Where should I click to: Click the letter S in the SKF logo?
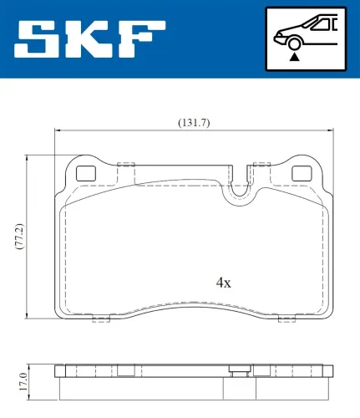pos(38,38)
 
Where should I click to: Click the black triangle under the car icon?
pos(294,58)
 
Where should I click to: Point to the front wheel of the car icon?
pos(294,44)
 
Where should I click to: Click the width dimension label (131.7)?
pos(193,123)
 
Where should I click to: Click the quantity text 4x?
pos(223,283)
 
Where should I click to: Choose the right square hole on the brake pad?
pos(301,174)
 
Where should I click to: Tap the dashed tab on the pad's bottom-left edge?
pos(100,318)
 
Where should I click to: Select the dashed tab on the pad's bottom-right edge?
pos(287,318)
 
